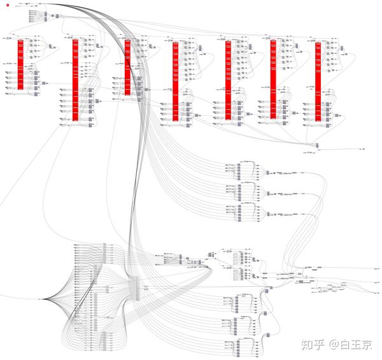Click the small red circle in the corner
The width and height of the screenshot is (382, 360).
pyautogui.click(x=7, y=6)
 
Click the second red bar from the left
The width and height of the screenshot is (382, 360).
pyautogui.click(x=76, y=80)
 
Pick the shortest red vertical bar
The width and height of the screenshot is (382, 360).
pyautogui.click(x=127, y=66)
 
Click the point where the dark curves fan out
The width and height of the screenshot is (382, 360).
pyautogui.click(x=43, y=299)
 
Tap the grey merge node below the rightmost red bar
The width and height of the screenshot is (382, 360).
pyautogui.click(x=317, y=146)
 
